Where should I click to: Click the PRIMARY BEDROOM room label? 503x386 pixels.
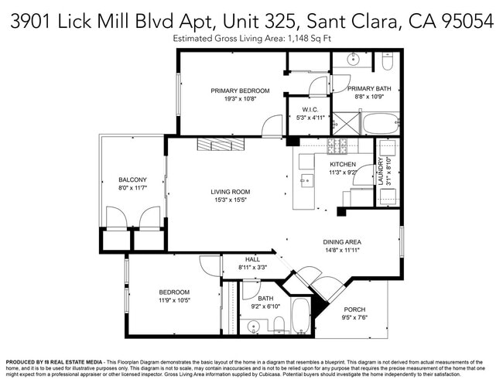240,91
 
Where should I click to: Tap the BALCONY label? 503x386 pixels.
132,179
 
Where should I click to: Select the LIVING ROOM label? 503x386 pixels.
231,192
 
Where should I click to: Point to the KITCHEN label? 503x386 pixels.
343,165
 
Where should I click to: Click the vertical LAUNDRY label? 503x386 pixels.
380,170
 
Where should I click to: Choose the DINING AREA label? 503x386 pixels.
342,242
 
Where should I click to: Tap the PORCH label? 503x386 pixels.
354,309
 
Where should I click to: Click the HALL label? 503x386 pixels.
252,259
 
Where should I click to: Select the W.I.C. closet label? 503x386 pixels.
310,109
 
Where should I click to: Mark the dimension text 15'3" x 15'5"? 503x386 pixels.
231,200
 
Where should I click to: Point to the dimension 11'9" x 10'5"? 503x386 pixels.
174,300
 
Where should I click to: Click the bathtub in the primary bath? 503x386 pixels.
380,123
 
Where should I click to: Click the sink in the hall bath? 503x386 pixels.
253,326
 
